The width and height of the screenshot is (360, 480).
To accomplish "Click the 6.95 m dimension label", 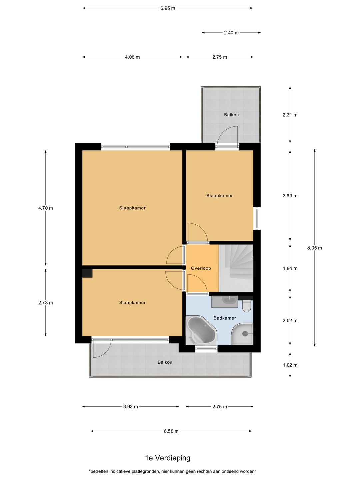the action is [x=168, y=8].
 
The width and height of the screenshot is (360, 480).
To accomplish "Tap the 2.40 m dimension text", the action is [x=231, y=33].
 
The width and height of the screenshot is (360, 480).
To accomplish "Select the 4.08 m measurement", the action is [x=132, y=57].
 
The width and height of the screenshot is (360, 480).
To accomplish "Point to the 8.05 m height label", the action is [x=315, y=248].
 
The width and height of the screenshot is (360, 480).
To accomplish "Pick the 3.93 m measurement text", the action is [x=130, y=407].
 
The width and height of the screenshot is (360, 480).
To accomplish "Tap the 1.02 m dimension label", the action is [x=290, y=365].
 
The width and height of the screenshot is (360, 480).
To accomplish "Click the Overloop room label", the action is [x=201, y=268].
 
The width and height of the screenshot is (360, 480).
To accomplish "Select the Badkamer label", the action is [x=225, y=318].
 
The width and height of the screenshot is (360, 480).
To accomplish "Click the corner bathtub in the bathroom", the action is [x=201, y=330].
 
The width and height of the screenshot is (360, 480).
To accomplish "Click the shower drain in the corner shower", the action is [x=245, y=334].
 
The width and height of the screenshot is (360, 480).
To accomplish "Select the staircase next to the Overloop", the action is [x=236, y=268].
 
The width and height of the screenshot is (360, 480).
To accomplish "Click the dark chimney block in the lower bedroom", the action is [x=87, y=273].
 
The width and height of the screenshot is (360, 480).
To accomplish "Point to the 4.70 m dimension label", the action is [x=45, y=208].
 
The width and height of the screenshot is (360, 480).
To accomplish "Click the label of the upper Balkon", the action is [x=231, y=115].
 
